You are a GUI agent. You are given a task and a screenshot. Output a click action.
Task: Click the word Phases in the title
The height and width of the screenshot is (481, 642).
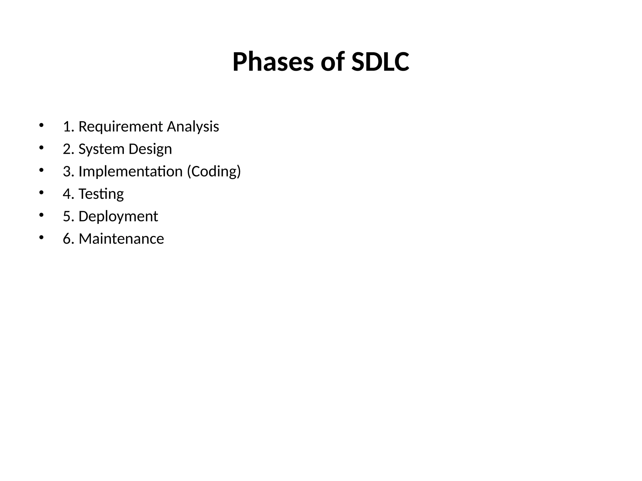point(273,62)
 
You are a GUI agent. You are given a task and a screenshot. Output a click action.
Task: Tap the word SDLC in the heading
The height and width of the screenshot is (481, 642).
point(380,62)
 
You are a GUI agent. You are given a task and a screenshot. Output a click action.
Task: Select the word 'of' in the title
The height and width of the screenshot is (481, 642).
point(332,62)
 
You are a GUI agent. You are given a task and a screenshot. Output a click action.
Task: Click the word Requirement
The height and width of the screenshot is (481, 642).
point(121,127)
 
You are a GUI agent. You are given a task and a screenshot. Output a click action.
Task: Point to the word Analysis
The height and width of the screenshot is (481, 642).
point(193,127)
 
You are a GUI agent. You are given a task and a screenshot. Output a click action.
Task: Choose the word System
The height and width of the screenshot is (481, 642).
point(101,149)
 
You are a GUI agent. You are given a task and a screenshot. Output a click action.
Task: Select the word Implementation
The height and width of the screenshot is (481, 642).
point(130,172)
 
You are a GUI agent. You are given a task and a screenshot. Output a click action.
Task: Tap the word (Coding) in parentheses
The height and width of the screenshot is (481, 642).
point(214,172)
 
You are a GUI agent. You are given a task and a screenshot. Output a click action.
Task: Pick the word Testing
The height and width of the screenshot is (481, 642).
point(101,194)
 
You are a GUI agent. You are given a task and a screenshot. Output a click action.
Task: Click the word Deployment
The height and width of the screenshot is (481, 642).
point(118,216)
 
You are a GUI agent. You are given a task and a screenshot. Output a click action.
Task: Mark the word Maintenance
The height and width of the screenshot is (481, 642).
point(121,239)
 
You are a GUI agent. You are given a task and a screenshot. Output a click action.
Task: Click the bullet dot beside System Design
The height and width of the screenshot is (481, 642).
point(41,148)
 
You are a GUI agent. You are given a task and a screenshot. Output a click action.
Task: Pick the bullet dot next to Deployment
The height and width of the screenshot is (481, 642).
point(41,215)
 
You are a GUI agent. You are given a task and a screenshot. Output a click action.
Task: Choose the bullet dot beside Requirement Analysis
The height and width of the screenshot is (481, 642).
point(41,125)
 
